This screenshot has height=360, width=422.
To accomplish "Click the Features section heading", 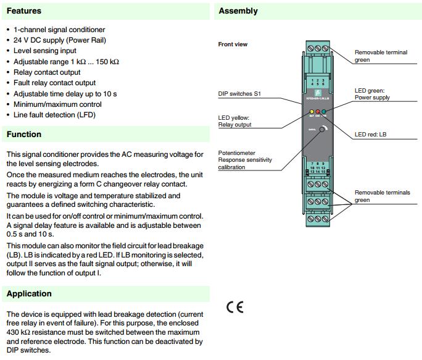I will (24, 11).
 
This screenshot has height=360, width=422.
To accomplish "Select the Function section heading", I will (24, 134).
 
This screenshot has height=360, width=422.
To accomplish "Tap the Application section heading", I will (29, 293).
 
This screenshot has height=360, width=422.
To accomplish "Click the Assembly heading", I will (238, 11).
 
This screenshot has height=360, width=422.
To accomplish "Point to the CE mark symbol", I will (235, 307).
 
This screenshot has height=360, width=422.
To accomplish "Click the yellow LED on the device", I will (312, 112).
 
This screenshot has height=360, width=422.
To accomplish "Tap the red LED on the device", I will (318, 112).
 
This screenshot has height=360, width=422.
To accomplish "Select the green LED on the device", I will (324, 112).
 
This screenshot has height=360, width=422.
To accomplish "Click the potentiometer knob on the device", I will (323, 130).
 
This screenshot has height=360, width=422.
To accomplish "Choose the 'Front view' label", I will (233, 44).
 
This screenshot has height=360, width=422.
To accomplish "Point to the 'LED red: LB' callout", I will (371, 134).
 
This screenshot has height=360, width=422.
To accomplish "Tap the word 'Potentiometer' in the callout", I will (236, 153).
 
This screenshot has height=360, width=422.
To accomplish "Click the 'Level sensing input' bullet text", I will (45, 51).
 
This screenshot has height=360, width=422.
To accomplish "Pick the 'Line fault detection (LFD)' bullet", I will (54, 114).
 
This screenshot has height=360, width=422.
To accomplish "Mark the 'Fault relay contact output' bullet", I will (54, 83).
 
